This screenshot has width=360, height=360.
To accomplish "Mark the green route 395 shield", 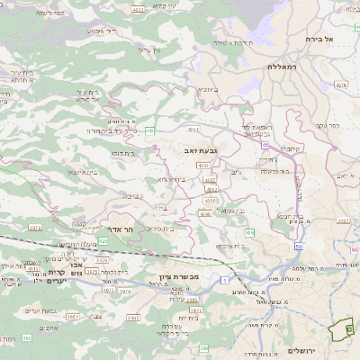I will (27, 337).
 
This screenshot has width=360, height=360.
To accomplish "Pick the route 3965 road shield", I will (134, 317).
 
